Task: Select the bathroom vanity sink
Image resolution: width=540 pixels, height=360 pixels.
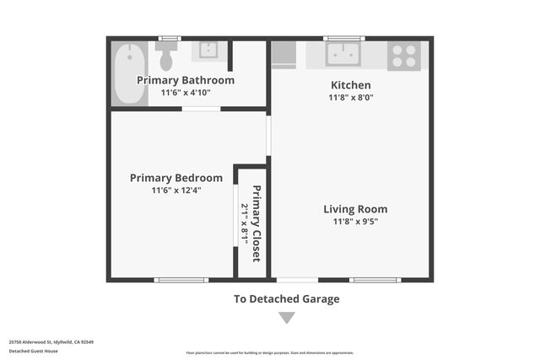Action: pyautogui.click(x=208, y=50)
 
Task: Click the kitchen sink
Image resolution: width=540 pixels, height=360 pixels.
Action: pyautogui.click(x=343, y=54)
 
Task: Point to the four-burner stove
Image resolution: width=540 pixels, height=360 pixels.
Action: pyautogui.click(x=403, y=56)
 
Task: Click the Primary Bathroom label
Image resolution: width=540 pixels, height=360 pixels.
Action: pyautogui.click(x=186, y=80)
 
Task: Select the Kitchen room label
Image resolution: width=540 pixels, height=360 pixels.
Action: pyautogui.click(x=350, y=85)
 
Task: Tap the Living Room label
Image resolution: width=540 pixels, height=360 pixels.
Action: pyautogui.click(x=355, y=209)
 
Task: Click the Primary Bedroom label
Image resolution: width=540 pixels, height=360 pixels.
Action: pyautogui.click(x=176, y=178)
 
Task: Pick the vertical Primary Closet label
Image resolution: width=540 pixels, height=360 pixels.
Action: pyautogui.click(x=256, y=223)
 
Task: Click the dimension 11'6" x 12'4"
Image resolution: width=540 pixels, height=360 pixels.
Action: pyautogui.click(x=176, y=191)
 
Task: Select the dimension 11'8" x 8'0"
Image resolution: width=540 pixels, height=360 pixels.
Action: pyautogui.click(x=350, y=98)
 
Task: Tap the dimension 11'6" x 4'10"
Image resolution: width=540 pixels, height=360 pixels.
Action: pyautogui.click(x=186, y=93)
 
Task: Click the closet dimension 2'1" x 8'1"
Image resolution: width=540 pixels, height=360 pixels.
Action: pyautogui.click(x=245, y=223)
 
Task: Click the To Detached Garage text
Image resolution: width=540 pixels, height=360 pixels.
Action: pyautogui.click(x=287, y=298)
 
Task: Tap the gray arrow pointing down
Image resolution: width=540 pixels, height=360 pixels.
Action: pyautogui.click(x=287, y=318)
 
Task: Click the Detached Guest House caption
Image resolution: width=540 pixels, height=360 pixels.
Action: pyautogui.click(x=34, y=351)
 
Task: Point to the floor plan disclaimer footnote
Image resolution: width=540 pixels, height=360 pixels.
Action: pyautogui.click(x=270, y=353)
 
